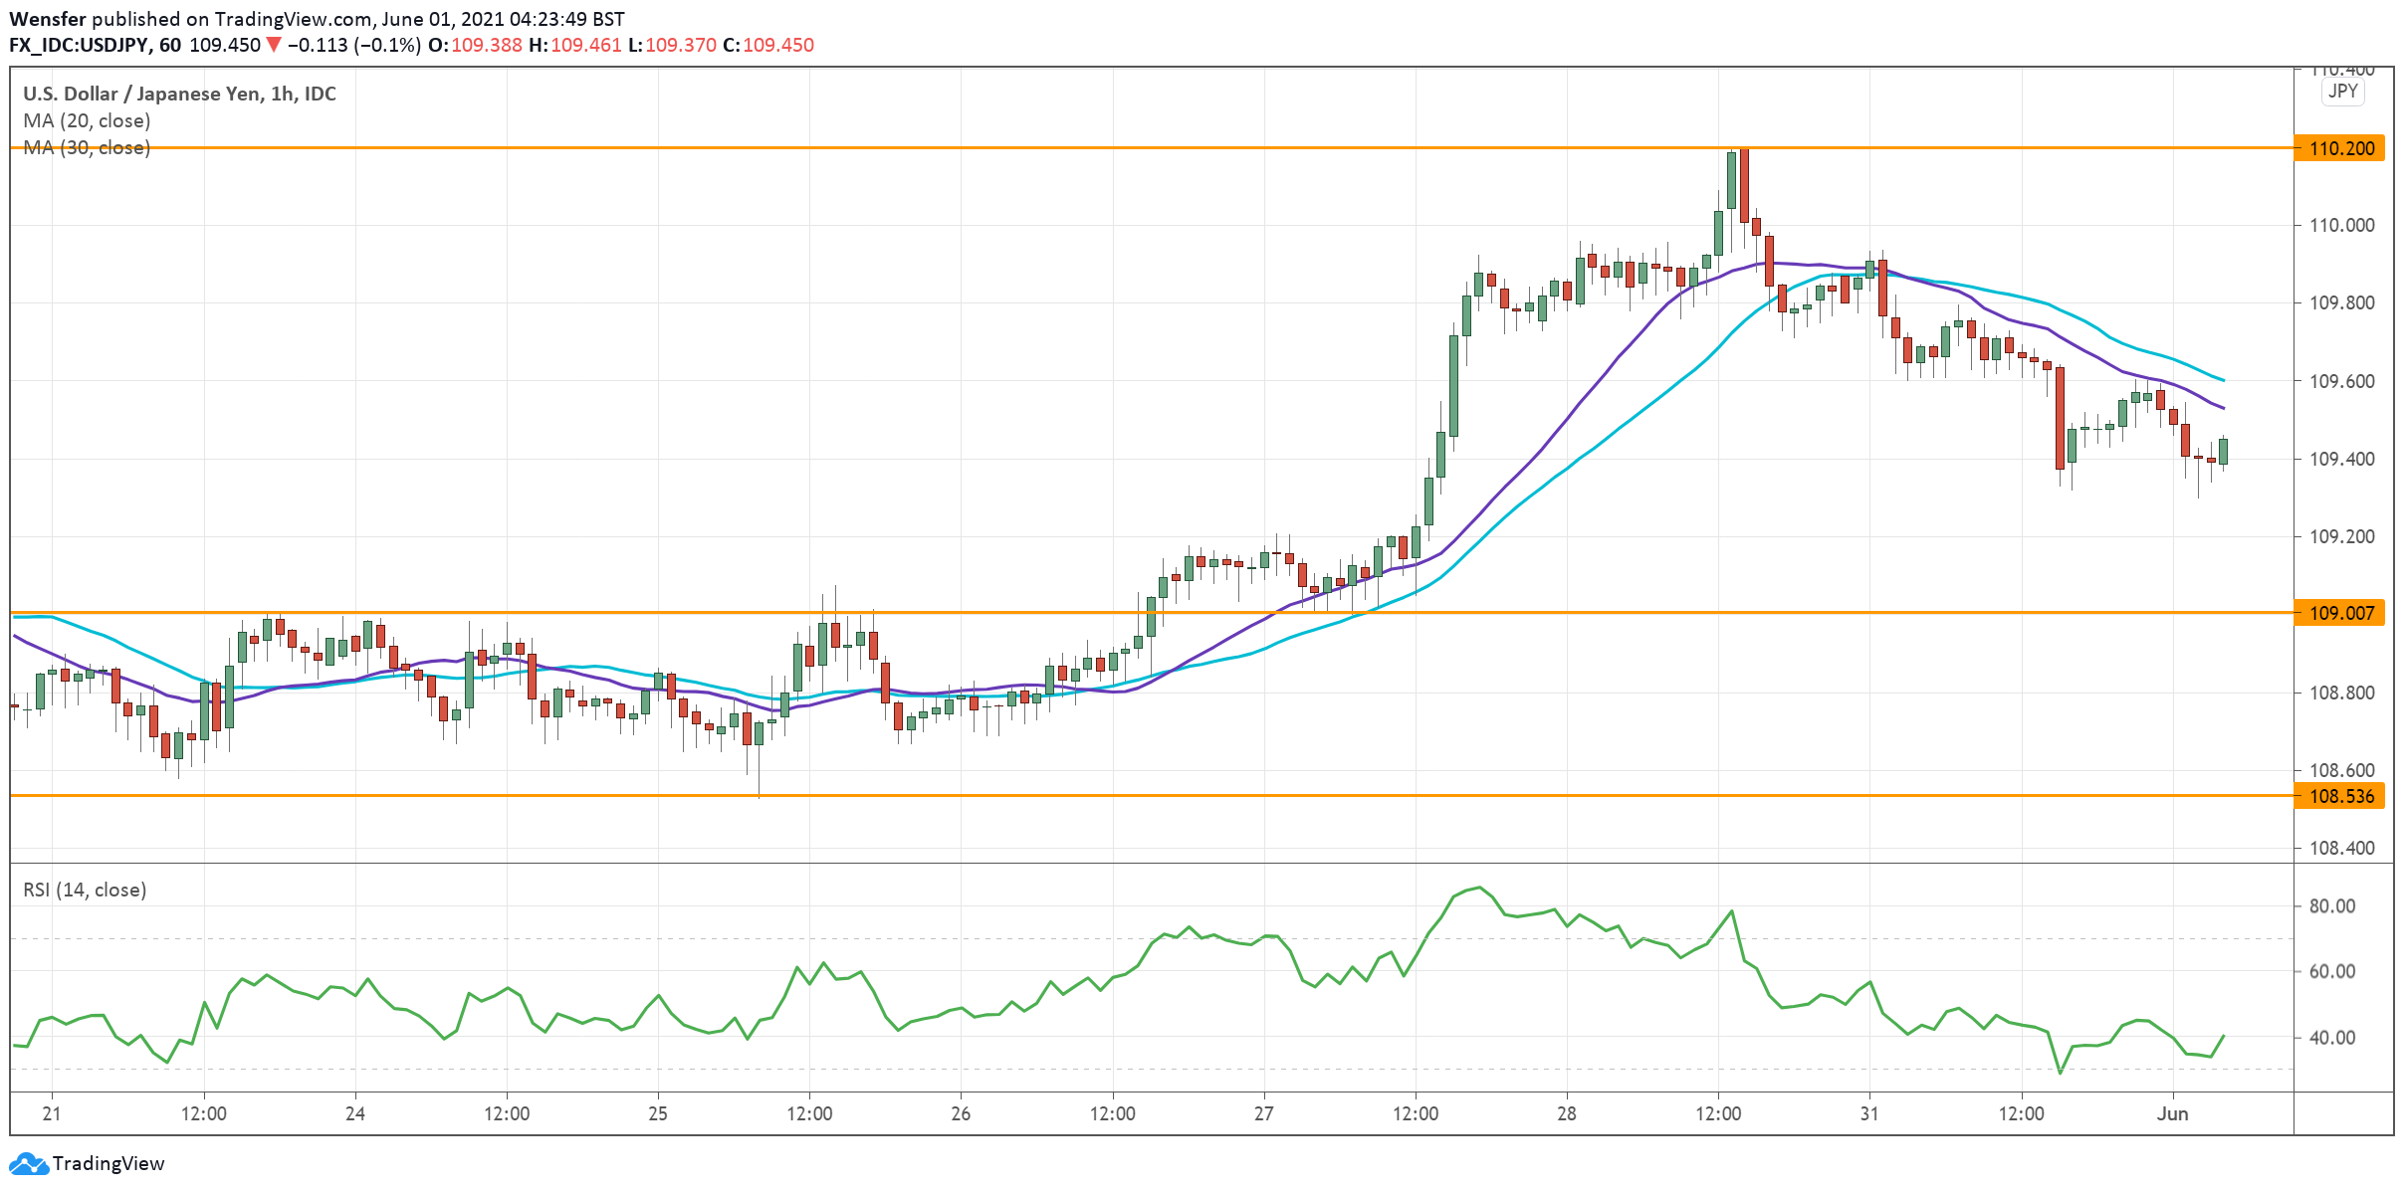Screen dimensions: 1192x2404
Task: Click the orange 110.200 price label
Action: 2339,148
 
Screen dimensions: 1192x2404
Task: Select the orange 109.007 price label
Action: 2339,613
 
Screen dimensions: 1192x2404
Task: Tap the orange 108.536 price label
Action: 2339,796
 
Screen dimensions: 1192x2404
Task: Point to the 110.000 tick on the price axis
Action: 2341,225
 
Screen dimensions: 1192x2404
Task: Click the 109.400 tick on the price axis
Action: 2341,459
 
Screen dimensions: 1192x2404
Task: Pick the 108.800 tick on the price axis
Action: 2341,693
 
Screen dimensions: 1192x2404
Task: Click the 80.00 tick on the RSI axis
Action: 2331,906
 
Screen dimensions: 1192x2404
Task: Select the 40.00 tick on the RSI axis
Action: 2331,1038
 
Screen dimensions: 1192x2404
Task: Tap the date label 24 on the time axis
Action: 355,1113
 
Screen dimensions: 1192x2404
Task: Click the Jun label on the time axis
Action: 2172,1113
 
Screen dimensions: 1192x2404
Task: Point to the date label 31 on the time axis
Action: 1869,1113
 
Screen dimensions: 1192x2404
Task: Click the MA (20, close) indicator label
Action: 87,120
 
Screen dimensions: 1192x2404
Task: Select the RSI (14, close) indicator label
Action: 85,890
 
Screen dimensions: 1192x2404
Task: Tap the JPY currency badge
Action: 2342,92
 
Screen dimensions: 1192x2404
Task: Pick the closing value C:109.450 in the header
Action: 768,45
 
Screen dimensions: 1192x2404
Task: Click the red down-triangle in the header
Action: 274,45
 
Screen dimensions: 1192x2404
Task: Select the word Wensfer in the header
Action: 48,19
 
